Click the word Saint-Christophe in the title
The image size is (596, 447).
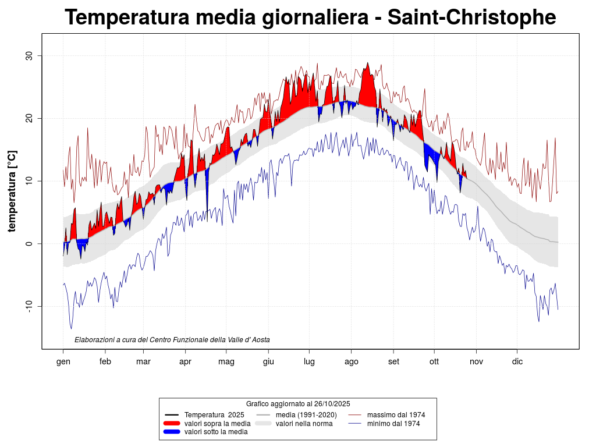coord(471,17)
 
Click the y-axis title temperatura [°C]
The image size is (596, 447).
coord(12,191)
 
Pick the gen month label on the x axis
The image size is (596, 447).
coord(63,361)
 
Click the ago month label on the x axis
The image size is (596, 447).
coord(351,361)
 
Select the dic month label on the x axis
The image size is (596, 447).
coord(517,361)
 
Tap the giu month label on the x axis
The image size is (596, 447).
coord(268,361)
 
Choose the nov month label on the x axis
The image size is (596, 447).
coord(476,361)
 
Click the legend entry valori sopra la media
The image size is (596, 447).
coord(217,424)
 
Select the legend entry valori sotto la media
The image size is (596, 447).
coord(216,432)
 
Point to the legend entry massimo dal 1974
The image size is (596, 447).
coord(396,415)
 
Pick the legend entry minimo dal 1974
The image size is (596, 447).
coord(393,424)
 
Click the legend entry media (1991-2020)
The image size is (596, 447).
coord(306,415)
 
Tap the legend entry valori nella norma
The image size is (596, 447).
coord(304,424)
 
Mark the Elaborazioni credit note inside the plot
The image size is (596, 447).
coord(172,340)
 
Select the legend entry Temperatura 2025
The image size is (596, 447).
coord(214,415)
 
